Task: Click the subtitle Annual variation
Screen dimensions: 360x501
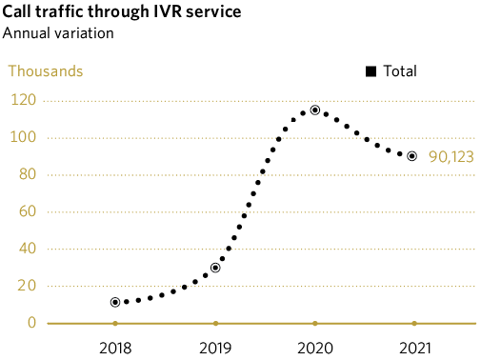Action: pyautogui.click(x=58, y=33)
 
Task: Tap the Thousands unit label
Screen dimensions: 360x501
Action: pyautogui.click(x=46, y=70)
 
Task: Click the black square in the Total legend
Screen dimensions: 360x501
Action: pyautogui.click(x=371, y=71)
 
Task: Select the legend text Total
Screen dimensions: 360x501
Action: pyautogui.click(x=399, y=70)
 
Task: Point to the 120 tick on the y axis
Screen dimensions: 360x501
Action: pyautogui.click(x=24, y=100)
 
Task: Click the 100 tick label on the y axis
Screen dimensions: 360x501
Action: pyautogui.click(x=24, y=137)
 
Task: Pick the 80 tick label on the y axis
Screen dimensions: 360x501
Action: pyautogui.click(x=28, y=174)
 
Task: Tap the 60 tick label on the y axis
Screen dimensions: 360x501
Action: pyautogui.click(x=28, y=211)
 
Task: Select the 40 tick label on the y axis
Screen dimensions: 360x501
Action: pyautogui.click(x=28, y=249)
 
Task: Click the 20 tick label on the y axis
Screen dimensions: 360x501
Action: pyautogui.click(x=28, y=286)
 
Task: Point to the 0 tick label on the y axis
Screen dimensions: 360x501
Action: pyautogui.click(x=31, y=323)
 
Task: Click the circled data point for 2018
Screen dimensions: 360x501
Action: pyautogui.click(x=115, y=302)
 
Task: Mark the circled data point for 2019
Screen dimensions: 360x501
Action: pyautogui.click(x=215, y=268)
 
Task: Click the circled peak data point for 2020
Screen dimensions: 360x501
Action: pyautogui.click(x=314, y=110)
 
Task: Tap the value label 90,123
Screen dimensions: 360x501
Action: pyautogui.click(x=451, y=157)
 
